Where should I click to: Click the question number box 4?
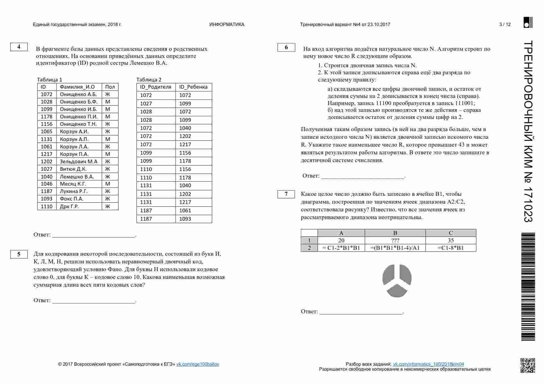tap(19, 47)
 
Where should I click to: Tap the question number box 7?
tap(286, 194)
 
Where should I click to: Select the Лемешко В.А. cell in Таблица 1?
tap(77, 177)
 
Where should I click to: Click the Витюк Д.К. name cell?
tap(73, 169)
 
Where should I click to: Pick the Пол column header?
tap(110, 87)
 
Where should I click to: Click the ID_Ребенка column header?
tap(193, 87)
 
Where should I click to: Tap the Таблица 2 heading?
tap(149, 80)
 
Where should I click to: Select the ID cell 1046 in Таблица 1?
tap(47, 184)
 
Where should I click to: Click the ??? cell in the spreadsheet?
tap(395, 241)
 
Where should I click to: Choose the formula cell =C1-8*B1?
tap(450, 248)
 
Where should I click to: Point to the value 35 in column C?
tap(450, 241)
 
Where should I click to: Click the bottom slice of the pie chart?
tap(397, 291)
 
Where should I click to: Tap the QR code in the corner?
tap(528, 365)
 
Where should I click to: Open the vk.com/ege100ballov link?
tap(198, 364)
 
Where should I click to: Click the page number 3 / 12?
tap(505, 24)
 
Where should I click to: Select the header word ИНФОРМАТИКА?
tap(227, 24)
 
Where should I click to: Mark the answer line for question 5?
tap(94, 301)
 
